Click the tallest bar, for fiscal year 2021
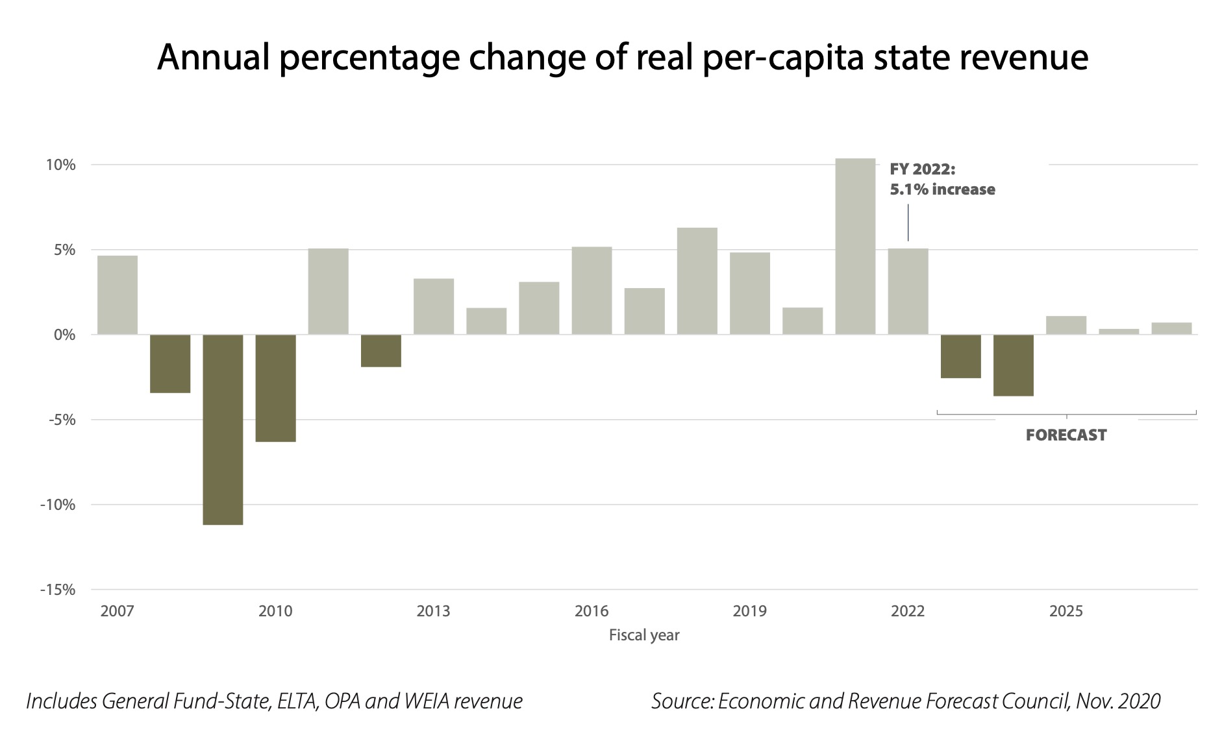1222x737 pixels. [x=854, y=247]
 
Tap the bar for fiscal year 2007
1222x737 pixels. [x=118, y=295]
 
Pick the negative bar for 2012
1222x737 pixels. [x=381, y=351]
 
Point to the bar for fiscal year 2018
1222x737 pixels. [x=697, y=281]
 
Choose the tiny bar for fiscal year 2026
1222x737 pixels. [x=1119, y=332]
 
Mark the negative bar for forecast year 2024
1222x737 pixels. [x=1013, y=365]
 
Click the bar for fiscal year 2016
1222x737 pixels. [x=592, y=291]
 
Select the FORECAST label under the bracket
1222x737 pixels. [x=1066, y=435]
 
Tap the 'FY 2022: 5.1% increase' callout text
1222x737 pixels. [x=941, y=180]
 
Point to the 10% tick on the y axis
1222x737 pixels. [x=60, y=165]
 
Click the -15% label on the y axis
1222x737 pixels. [x=58, y=590]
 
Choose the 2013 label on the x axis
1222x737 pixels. [x=433, y=611]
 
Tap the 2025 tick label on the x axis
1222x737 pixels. [x=1066, y=611]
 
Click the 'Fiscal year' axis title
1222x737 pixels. [x=643, y=635]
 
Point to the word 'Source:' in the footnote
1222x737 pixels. [x=682, y=701]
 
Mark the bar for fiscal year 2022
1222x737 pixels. [x=908, y=292]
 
